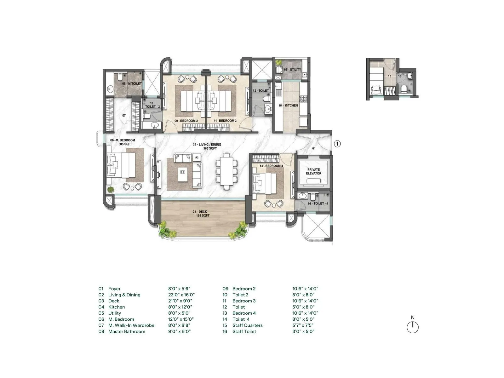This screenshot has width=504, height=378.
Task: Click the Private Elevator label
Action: point(314,171)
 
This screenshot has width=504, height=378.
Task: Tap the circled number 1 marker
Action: point(337,144)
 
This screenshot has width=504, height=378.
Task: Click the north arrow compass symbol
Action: point(413,327)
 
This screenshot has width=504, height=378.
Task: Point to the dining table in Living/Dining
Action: point(227,171)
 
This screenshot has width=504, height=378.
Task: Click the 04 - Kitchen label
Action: point(288,106)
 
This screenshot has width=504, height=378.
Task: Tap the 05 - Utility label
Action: point(292,69)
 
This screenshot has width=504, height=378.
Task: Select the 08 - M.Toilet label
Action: point(132,84)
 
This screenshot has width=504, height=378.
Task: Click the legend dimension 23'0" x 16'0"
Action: point(181,295)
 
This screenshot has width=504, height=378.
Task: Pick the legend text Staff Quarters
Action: point(247,325)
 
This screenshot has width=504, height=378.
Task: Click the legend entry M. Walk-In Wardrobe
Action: point(131,325)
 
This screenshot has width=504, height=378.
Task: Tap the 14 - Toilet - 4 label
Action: point(318,203)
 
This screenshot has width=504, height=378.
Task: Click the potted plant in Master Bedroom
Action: point(111,189)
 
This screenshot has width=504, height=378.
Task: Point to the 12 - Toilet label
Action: point(261,90)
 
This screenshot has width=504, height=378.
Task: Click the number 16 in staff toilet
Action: point(399,76)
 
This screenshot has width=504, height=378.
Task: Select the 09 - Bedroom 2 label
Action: point(186,121)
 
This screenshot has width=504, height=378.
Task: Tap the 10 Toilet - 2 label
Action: point(152,105)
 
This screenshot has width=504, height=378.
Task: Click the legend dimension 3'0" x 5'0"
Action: point(303,331)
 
